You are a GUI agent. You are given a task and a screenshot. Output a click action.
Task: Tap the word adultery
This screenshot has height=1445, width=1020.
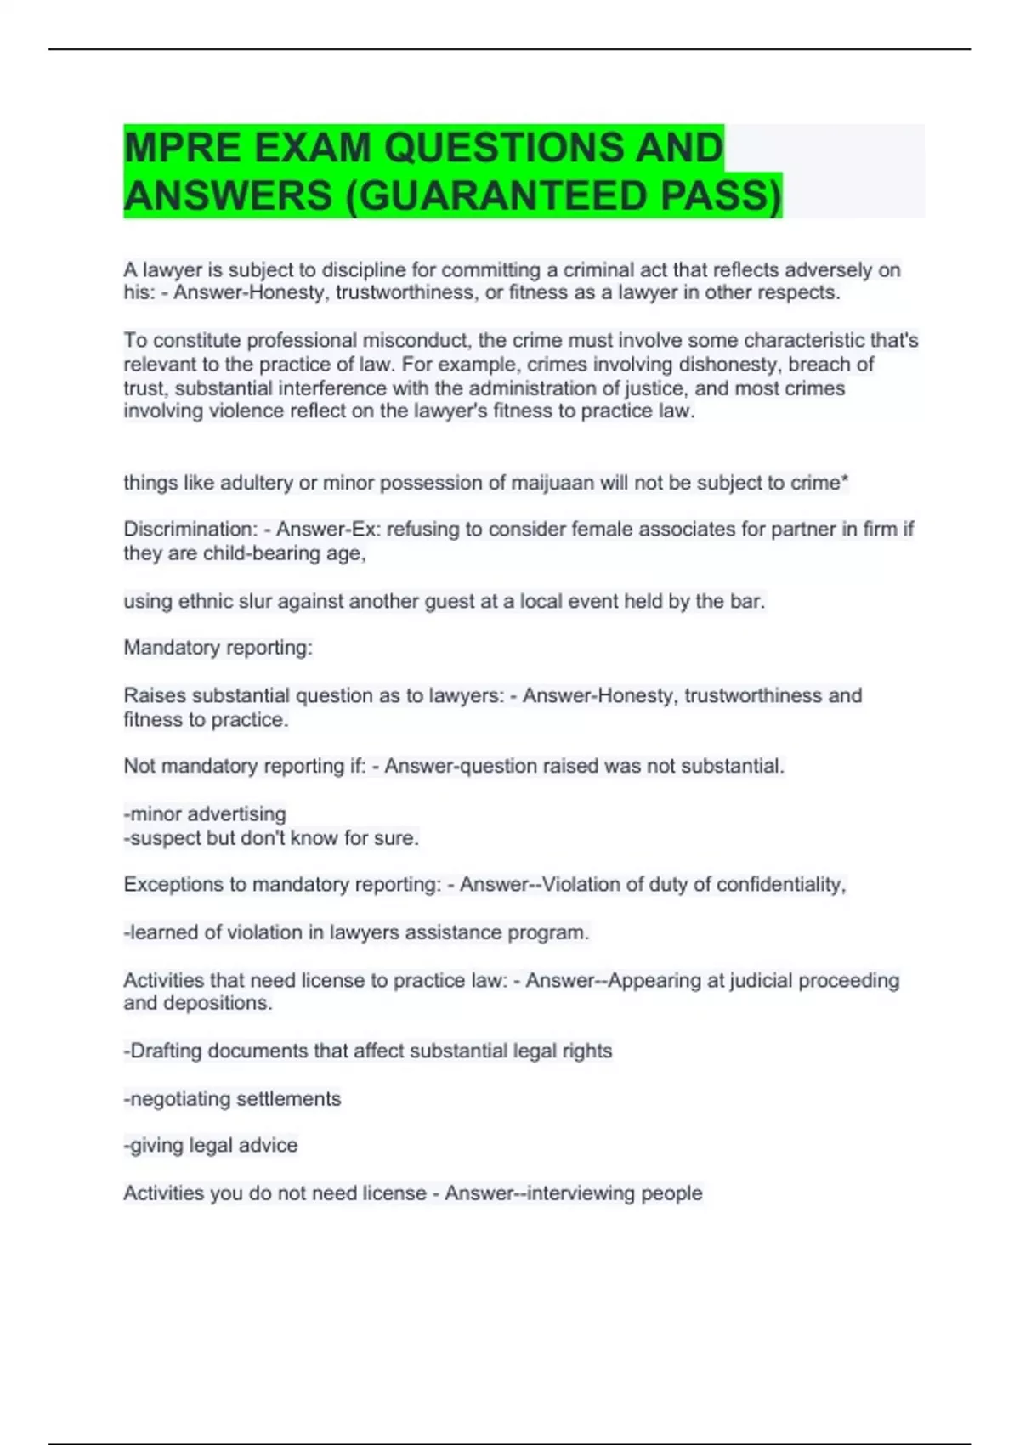tap(256, 483)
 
